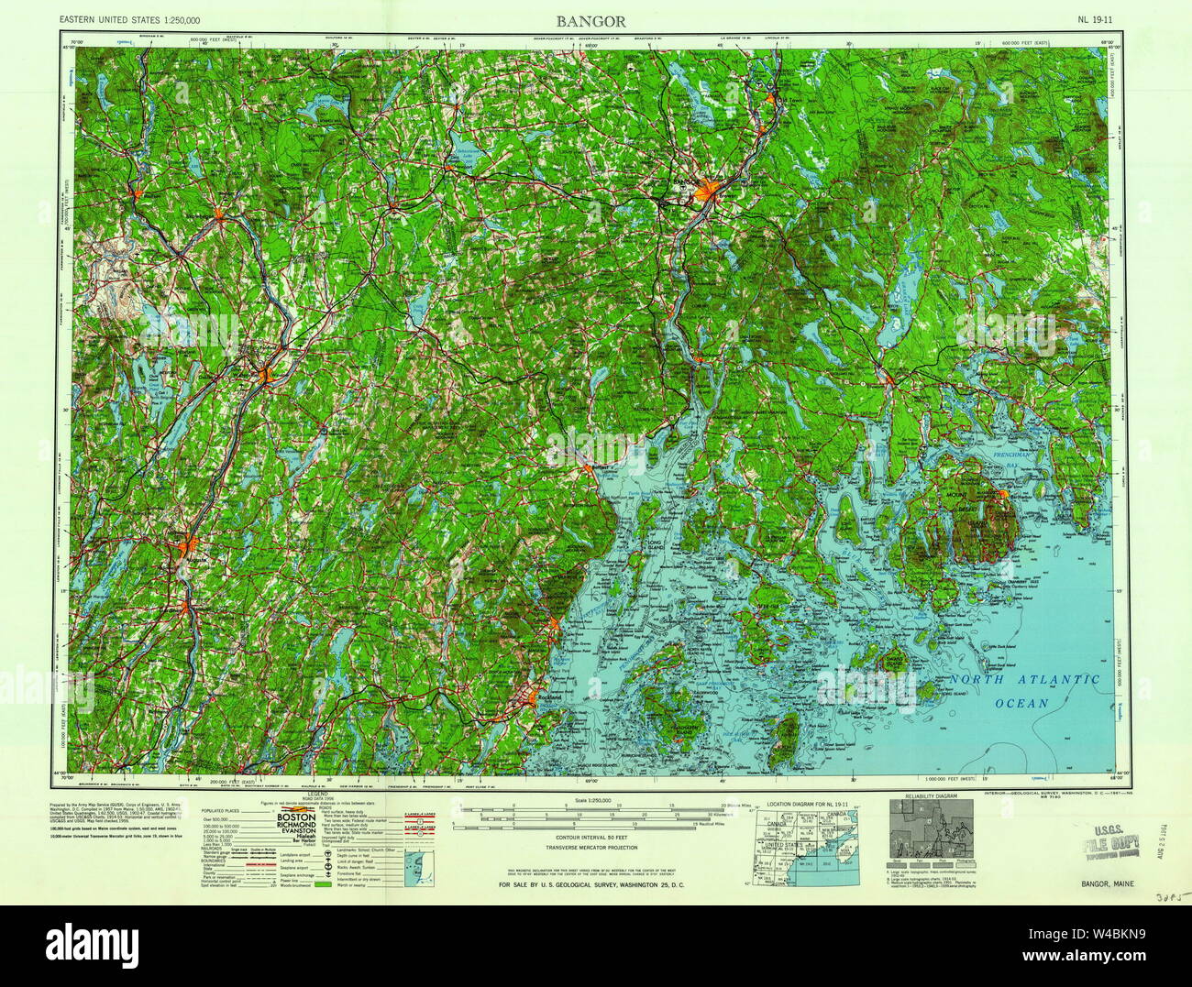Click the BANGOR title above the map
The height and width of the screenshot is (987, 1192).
click(x=595, y=19)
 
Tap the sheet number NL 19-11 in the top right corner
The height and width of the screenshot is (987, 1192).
click(x=1098, y=19)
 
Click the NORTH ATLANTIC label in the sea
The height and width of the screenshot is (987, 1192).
click(x=1024, y=680)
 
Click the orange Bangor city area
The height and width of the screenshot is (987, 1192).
click(x=706, y=192)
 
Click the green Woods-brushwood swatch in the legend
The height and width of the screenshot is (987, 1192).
click(x=326, y=887)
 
